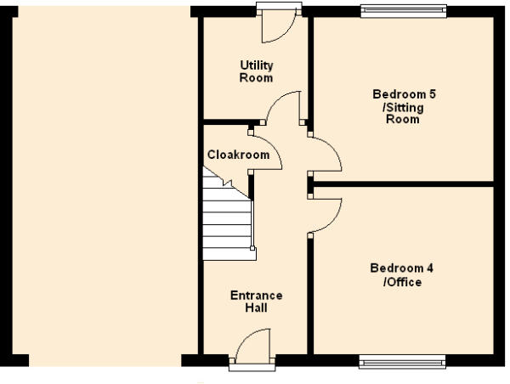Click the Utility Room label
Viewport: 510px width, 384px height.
pyautogui.click(x=257, y=71)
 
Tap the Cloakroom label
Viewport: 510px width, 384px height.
pyautogui.click(x=238, y=155)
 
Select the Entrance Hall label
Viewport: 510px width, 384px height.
pyautogui.click(x=257, y=302)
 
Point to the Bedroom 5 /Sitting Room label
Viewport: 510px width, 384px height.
pyautogui.click(x=404, y=106)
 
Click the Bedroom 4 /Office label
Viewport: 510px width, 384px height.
pyautogui.click(x=402, y=274)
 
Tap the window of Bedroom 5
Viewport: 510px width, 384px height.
pyautogui.click(x=404, y=11)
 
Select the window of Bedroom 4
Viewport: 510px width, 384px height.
pyautogui.click(x=402, y=362)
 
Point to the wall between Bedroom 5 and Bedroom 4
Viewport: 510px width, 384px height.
pyautogui.click(x=403, y=184)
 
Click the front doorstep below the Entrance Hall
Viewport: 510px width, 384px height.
pyautogui.click(x=252, y=367)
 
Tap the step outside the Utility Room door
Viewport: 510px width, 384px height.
pyautogui.click(x=279, y=6)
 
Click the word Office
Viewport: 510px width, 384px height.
pyautogui.click(x=405, y=282)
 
